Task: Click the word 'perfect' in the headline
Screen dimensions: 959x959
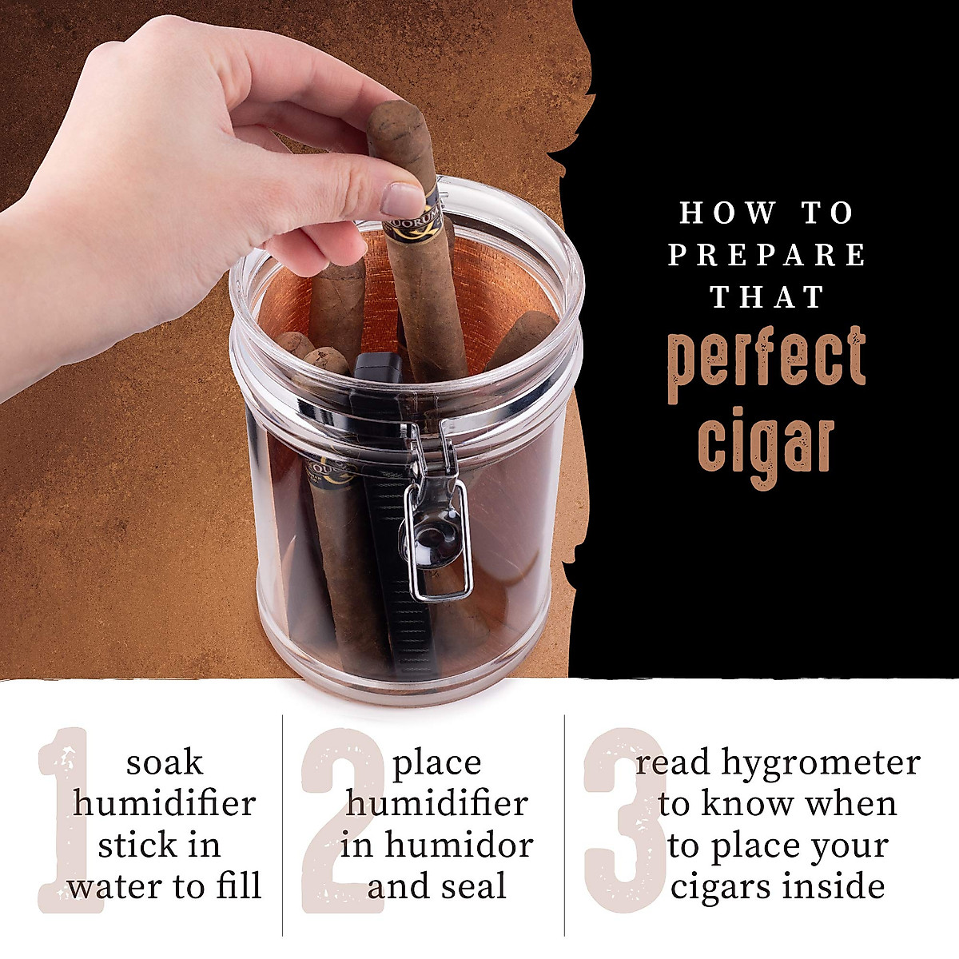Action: pos(766,364)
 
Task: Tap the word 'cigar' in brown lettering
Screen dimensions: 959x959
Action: pos(766,444)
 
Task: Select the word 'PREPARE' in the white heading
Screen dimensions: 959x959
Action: pos(767,256)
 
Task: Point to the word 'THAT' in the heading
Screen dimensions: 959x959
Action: pos(767,297)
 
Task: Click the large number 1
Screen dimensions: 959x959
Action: pos(68,819)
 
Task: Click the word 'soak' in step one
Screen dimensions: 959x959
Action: pos(164,762)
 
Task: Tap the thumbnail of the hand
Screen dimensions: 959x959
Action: pos(402,200)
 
